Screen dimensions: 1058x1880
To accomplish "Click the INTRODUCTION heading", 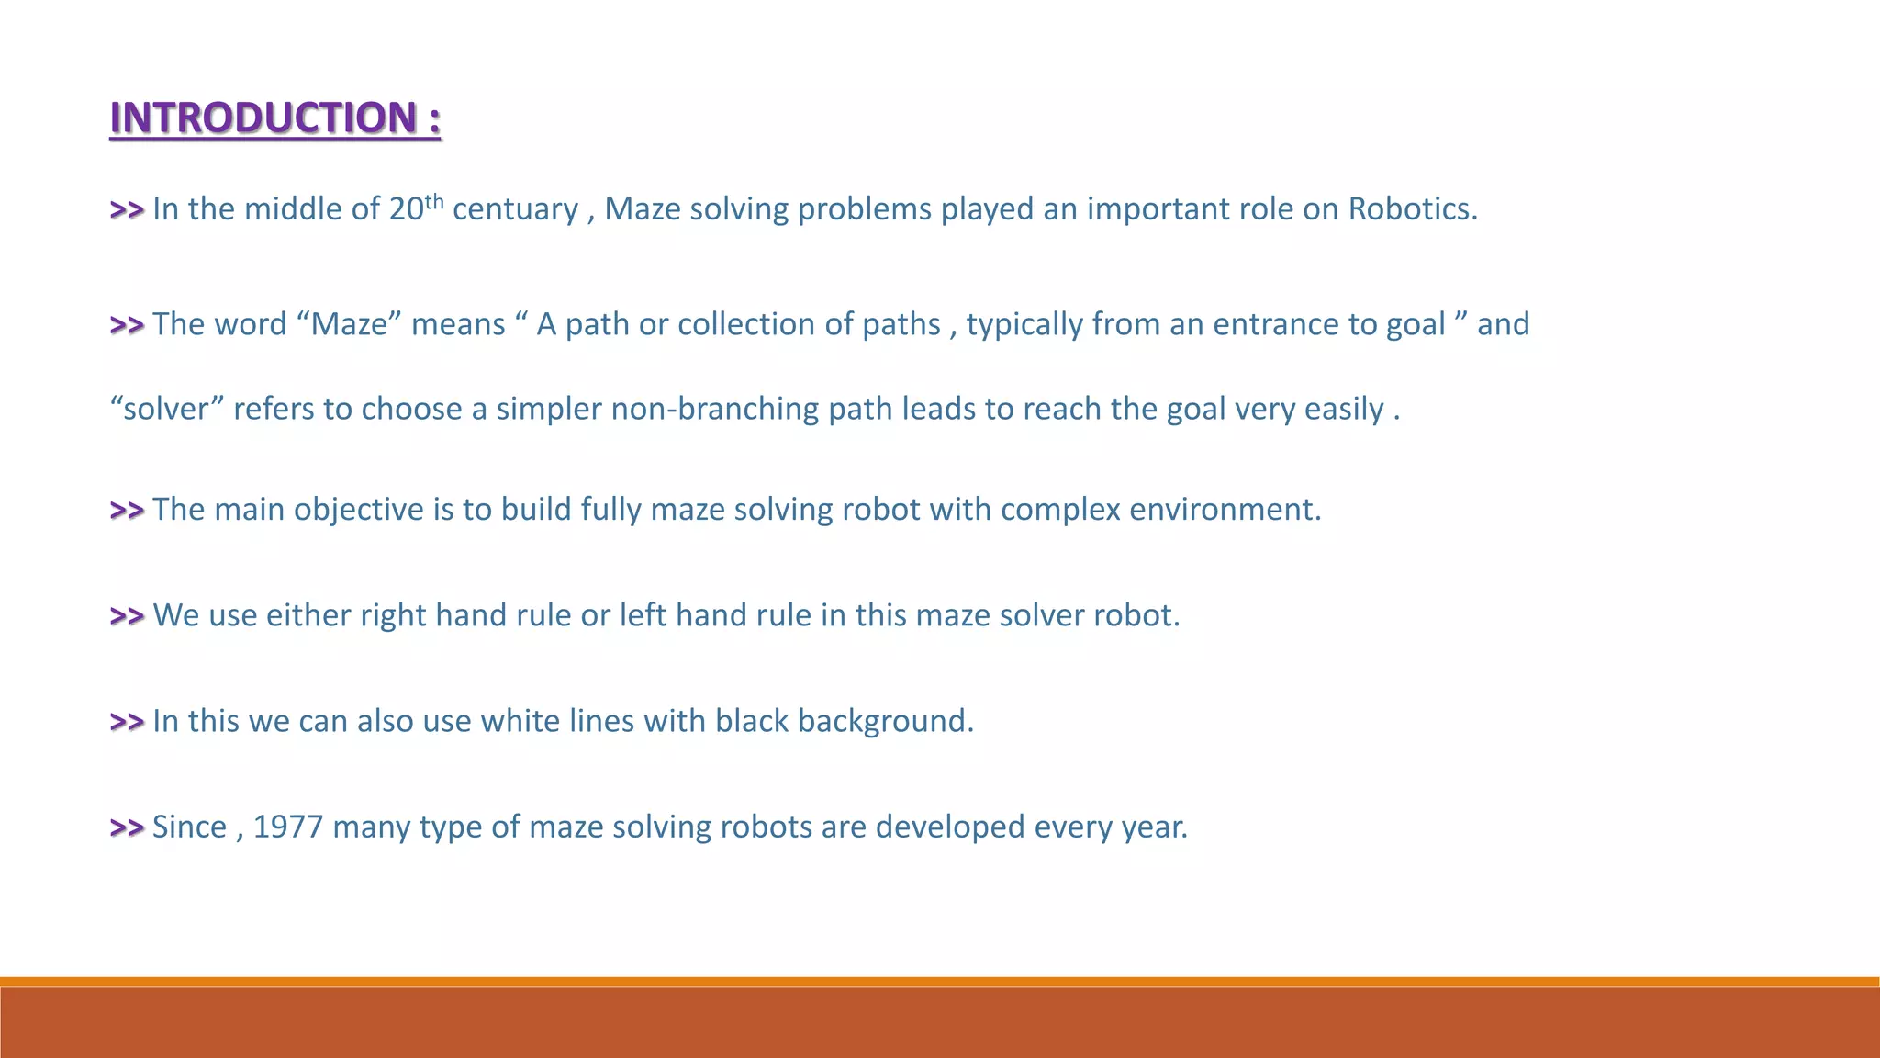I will (275, 118).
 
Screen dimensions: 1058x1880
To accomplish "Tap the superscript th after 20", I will (434, 201).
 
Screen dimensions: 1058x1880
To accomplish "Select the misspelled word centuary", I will (515, 210).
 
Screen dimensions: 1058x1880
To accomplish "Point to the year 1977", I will (288, 827).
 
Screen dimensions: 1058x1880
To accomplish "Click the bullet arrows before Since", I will (127, 827).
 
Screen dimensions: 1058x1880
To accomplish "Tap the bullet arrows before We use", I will (127, 616).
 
